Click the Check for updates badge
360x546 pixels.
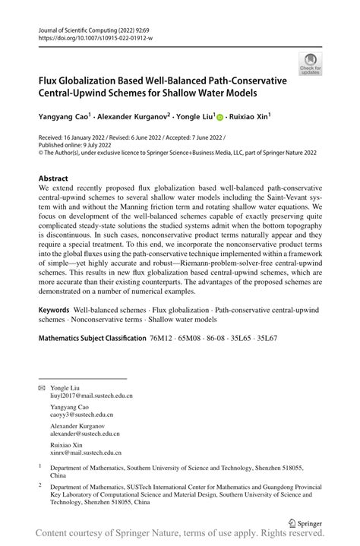(x=310, y=63)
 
